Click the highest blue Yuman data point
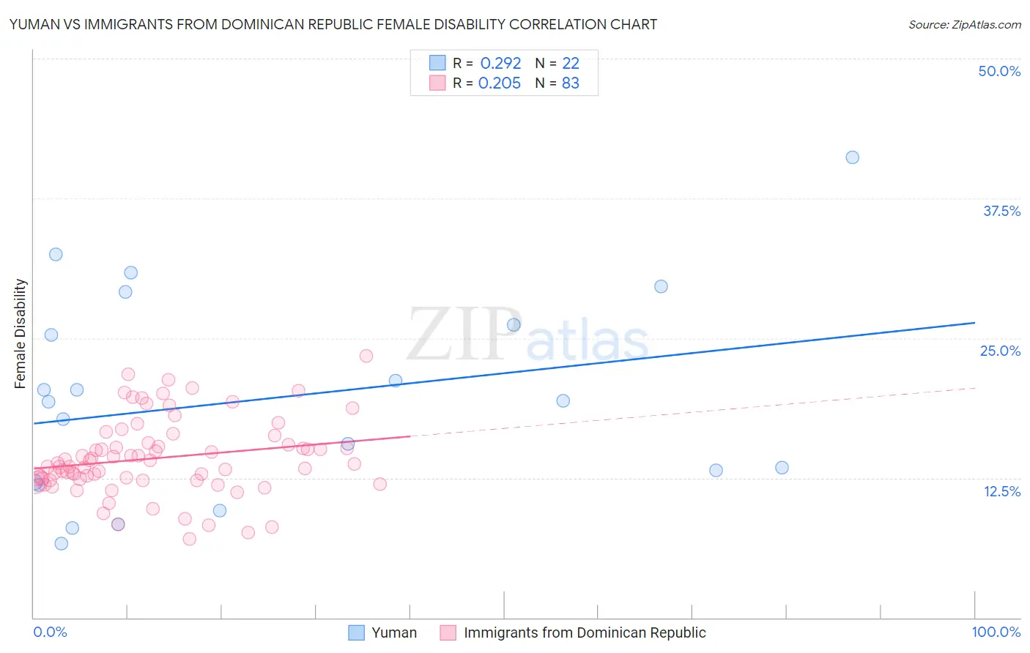click(852, 157)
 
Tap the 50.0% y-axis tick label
click(999, 71)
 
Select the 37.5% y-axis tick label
click(1001, 211)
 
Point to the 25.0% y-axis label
click(1000, 351)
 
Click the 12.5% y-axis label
click(1001, 491)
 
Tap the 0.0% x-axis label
click(50, 632)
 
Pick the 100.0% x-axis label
click(996, 632)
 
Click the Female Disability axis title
click(21, 333)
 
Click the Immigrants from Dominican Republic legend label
click(585, 633)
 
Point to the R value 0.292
click(500, 64)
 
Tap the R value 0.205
click(500, 83)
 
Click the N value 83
click(571, 83)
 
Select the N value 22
click(571, 64)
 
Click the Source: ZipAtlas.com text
click(964, 24)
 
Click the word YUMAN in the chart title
click(34, 24)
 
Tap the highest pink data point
click(366, 356)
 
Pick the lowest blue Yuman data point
click(62, 543)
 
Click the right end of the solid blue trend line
click(974, 322)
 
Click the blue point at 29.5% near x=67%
click(661, 286)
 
